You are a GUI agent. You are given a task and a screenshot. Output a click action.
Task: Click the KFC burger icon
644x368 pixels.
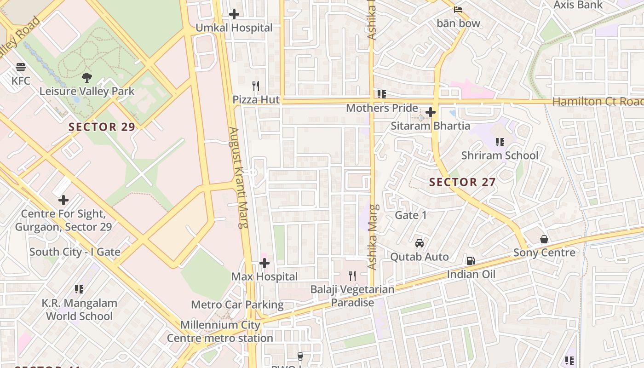20,67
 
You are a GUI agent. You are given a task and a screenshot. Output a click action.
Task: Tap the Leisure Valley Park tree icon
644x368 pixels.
86,77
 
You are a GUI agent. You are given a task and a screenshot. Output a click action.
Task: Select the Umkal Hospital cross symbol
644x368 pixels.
234,14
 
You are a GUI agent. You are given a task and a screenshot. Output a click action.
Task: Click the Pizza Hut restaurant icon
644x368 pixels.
256,86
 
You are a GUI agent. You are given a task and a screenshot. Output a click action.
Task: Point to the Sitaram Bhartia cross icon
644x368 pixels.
431,112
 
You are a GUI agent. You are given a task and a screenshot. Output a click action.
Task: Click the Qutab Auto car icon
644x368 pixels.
420,243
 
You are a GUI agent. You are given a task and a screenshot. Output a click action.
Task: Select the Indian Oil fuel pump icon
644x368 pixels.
471,261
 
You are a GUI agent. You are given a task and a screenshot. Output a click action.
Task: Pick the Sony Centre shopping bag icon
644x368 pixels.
544,239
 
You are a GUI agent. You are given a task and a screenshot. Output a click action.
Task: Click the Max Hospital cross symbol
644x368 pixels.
264,263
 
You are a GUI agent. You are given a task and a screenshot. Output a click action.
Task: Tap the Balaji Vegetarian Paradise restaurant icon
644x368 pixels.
352,276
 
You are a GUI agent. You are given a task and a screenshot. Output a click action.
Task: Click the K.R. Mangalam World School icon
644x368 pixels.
79,289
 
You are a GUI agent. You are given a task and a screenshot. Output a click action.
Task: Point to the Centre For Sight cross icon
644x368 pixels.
63,200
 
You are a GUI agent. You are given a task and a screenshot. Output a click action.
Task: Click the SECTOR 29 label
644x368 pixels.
102,127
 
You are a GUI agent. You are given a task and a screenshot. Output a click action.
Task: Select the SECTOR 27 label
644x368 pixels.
462,182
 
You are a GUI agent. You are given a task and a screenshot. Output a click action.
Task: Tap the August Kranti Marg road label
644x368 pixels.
240,178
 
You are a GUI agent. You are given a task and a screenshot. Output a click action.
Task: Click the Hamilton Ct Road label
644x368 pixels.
598,102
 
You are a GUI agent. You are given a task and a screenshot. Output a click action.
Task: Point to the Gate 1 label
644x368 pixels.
411,215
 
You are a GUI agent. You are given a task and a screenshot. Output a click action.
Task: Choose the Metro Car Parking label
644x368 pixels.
237,305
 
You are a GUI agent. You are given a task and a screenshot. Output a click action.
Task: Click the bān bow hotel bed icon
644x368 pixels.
458,9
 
